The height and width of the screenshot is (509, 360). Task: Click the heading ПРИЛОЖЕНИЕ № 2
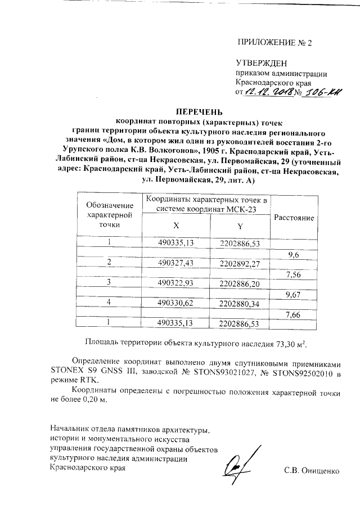pyautogui.click(x=274, y=43)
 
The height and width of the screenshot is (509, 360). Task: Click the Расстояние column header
pyautogui.click(x=293, y=217)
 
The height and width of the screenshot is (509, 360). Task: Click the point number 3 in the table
pyautogui.click(x=110, y=283)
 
